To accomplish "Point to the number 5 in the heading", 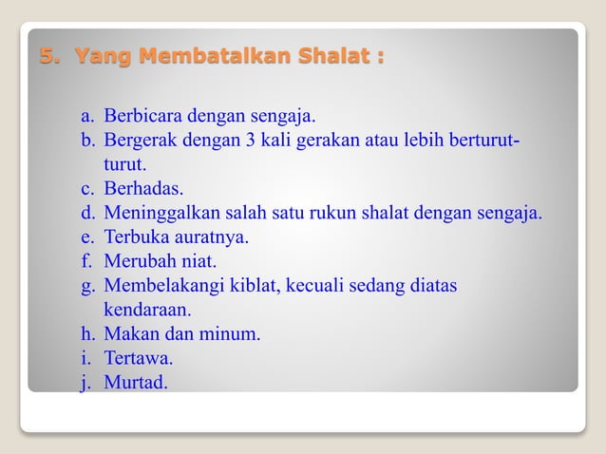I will [46, 57].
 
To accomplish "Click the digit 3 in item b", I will [254, 141].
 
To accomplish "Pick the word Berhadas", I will [143, 189].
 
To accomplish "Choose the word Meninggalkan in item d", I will [158, 213].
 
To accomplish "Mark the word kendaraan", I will [147, 310].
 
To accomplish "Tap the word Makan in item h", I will [128, 334].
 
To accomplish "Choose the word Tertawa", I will [139, 359].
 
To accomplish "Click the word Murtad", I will [136, 383].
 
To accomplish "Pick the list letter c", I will [86, 189].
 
